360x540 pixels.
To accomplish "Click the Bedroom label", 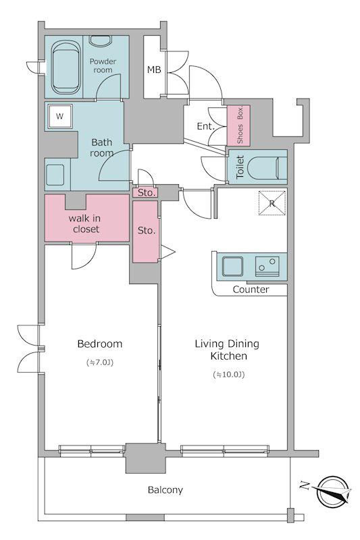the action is (x=99, y=344).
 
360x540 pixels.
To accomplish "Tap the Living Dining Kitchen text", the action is (x=228, y=350).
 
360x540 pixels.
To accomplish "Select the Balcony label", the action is (x=165, y=490).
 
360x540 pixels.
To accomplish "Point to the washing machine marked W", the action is (x=60, y=116).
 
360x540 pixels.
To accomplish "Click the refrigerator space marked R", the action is (x=272, y=203).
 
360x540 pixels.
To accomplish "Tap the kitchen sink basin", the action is (x=232, y=267).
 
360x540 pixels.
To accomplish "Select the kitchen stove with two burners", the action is (x=267, y=266).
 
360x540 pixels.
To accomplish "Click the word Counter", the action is (x=251, y=290).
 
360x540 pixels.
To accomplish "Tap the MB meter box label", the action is (x=154, y=70).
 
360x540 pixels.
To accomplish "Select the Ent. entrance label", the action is (x=205, y=126).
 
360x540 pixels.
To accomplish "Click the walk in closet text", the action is (x=85, y=223).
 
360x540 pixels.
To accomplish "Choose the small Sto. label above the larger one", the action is (x=147, y=193).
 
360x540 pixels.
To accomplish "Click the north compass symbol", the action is (x=332, y=491).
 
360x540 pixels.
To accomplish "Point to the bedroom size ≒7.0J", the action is (x=100, y=362).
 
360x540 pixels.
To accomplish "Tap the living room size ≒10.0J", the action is (x=229, y=375).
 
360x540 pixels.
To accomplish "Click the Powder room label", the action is (x=103, y=65).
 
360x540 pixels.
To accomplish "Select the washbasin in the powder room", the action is (x=100, y=40).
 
